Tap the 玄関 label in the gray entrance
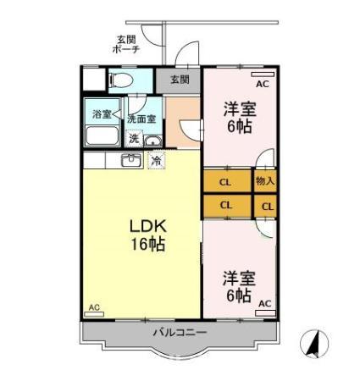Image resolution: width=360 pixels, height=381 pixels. coord(179,80)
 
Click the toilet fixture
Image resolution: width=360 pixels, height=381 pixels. coord(118,81)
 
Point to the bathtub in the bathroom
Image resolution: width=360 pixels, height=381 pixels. coord(103,136)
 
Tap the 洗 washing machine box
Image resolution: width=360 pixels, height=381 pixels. coord(133,139)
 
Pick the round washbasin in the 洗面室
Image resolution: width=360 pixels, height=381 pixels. coord(152,140)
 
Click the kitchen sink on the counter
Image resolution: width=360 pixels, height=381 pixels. coord(132,160)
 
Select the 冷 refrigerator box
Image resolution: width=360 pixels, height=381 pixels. coord(157,160)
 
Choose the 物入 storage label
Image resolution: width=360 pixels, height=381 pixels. coord(264,180)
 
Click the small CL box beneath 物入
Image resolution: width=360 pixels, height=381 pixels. coord(267,206)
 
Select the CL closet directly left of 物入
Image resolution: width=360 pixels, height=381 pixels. coord(226,180)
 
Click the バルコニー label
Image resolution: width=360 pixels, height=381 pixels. coord(179,332)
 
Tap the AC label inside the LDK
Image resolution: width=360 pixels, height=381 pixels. coord(94,306)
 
